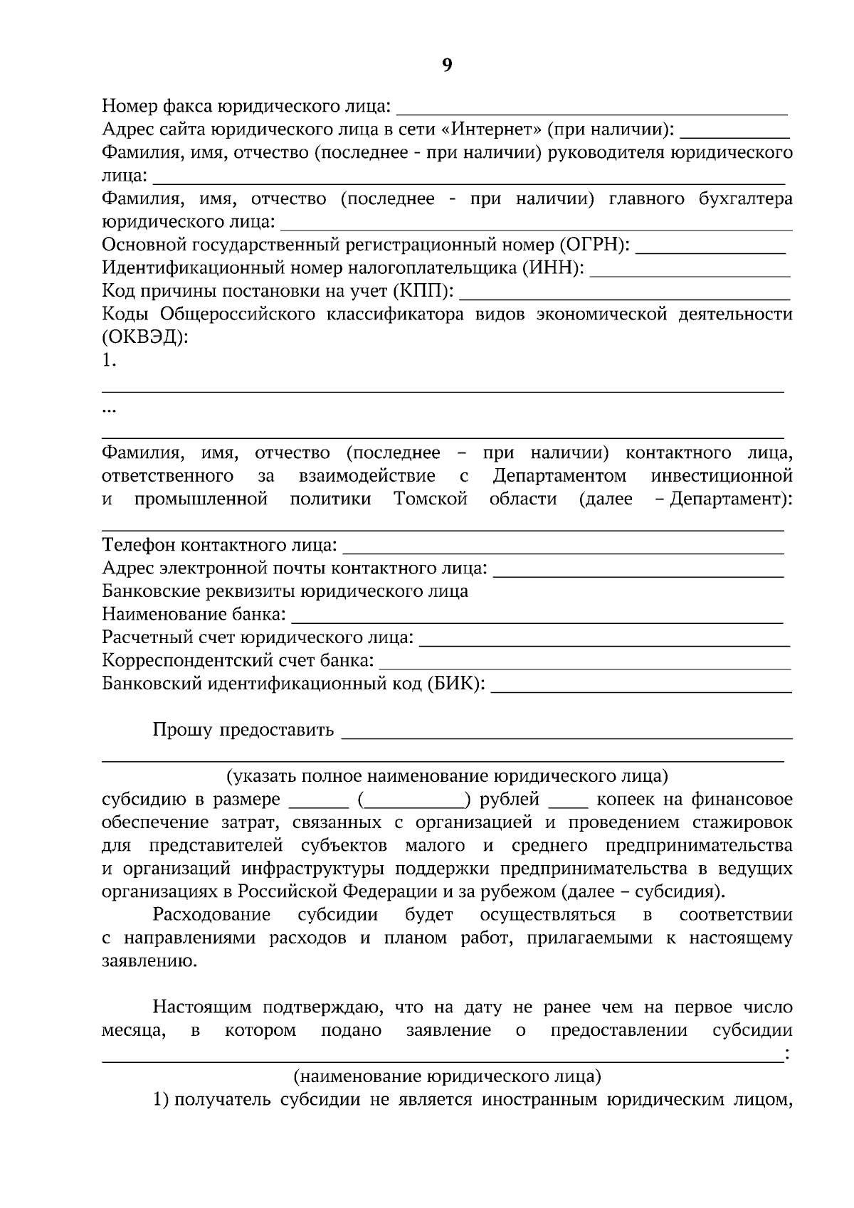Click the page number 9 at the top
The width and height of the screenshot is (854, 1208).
[x=447, y=65]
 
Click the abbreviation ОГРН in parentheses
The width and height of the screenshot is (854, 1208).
[x=594, y=245]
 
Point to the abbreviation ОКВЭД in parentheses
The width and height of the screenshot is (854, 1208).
[x=145, y=337]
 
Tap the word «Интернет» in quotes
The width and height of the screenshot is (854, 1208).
[x=490, y=129]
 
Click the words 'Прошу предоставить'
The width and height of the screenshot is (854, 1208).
[x=243, y=731]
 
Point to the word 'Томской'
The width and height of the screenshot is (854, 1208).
[x=431, y=499]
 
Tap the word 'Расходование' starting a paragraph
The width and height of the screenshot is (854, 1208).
[x=211, y=915]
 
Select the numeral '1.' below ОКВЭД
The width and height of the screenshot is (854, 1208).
[x=109, y=361]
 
